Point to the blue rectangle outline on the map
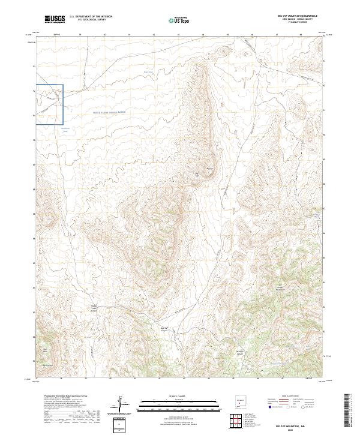coord(49,104)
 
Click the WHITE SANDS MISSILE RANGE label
coord(110,112)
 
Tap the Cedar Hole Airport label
coord(94,310)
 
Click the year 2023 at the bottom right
coord(303,429)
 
